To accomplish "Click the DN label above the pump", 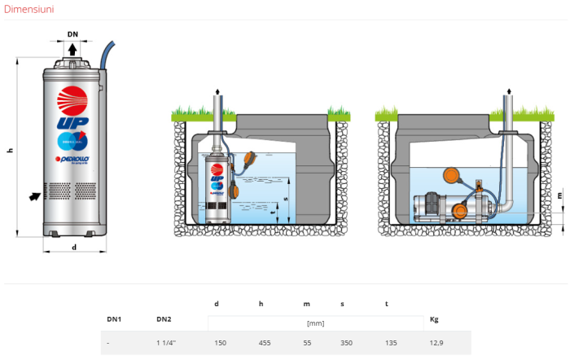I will [x=72, y=35].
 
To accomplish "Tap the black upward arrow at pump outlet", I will [x=72, y=50].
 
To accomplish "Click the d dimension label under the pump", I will [x=73, y=247].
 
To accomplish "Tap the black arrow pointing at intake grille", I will [x=33, y=195].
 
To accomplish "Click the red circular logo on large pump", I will [x=71, y=98].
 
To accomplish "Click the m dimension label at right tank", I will [x=560, y=195].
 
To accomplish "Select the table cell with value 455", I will [x=265, y=343].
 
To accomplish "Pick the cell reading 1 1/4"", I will [x=166, y=343].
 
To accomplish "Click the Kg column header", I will [x=433, y=320].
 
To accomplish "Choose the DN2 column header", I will [x=163, y=320].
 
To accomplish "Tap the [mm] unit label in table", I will [x=315, y=323].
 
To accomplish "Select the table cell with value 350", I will [x=347, y=343].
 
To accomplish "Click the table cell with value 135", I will [x=390, y=343].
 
